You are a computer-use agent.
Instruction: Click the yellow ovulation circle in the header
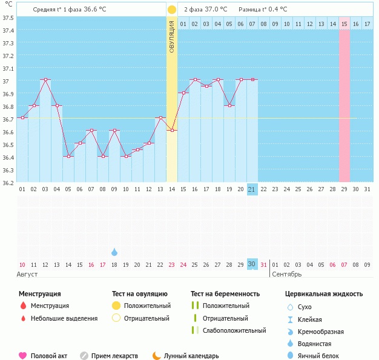[x=172, y=10]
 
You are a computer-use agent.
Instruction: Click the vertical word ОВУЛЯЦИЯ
[x=172, y=36]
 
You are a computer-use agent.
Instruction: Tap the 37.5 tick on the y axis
[x=8, y=18]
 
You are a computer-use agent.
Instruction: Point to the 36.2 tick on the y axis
[x=8, y=183]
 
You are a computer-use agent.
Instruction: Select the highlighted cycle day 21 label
[x=252, y=189]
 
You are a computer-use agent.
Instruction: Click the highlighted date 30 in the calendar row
[x=252, y=264]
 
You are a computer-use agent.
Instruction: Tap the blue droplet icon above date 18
[x=114, y=252]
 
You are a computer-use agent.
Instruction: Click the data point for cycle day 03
[x=45, y=80]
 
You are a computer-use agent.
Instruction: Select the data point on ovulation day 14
[x=172, y=131]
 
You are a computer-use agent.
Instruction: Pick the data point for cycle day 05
[x=68, y=156]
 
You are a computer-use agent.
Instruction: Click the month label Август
[x=28, y=275]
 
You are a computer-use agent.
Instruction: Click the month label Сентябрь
[x=286, y=275]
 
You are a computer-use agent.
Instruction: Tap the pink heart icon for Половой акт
[x=23, y=356]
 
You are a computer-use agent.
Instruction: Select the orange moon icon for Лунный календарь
[x=157, y=356]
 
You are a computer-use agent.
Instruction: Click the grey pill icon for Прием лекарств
[x=84, y=356]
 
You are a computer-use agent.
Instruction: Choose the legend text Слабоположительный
[x=234, y=330]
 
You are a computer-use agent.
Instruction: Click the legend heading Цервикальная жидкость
[x=324, y=293]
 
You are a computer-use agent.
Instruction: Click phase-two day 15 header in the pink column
[x=344, y=24]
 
